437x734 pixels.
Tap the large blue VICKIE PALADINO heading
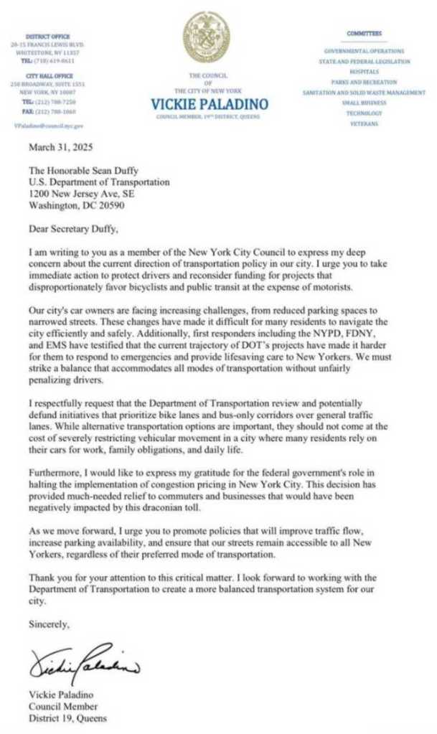pos(210,104)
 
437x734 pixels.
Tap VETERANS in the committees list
pos(363,124)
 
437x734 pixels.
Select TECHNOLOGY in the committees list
pos(364,113)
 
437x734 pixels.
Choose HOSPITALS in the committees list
pos(364,72)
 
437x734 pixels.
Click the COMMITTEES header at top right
pos(364,34)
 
